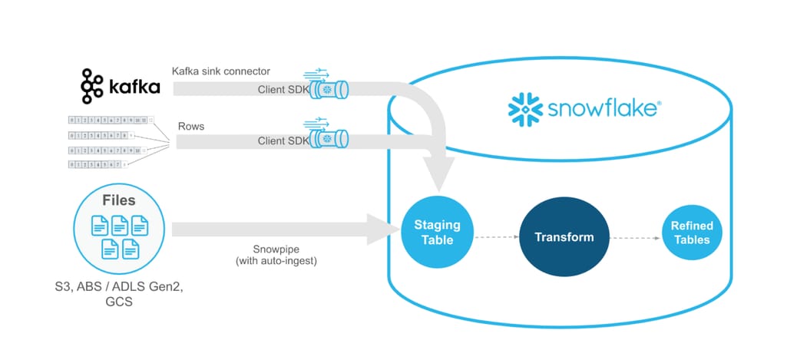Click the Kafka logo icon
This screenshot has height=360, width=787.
coord(92,86)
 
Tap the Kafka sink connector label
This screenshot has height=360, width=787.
coord(220,71)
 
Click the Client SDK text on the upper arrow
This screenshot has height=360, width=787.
coord(283,90)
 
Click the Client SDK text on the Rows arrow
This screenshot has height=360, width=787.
coord(283,140)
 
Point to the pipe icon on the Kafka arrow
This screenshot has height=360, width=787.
coord(329,89)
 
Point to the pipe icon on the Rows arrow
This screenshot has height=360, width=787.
coord(329,139)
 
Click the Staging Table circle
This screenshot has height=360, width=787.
coord(437,233)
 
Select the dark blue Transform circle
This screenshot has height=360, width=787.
coord(564,236)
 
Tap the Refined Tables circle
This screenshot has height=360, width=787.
coord(692,233)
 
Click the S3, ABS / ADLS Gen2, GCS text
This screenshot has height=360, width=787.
coord(118,294)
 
